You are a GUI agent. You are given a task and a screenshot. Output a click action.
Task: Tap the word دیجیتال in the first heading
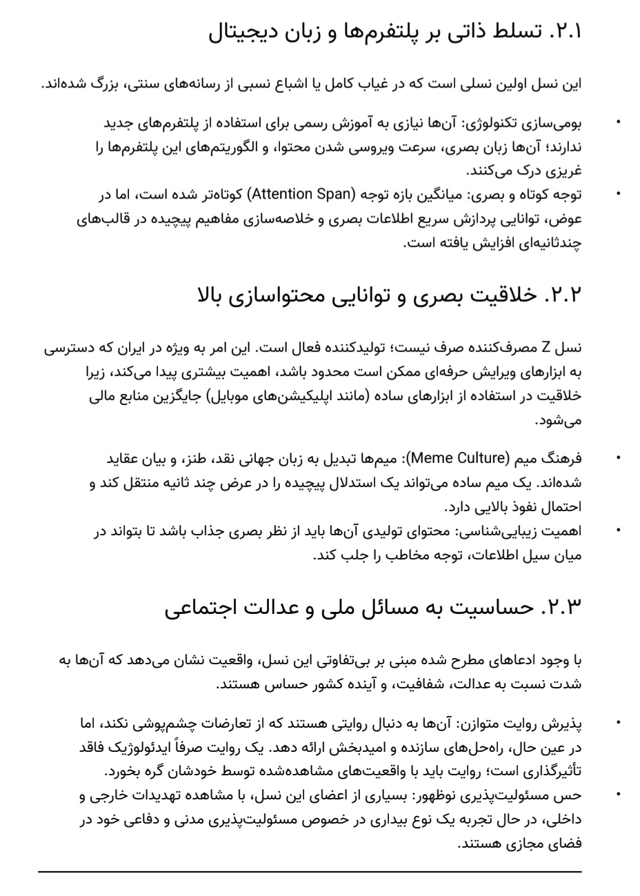pyautogui.click(x=237, y=32)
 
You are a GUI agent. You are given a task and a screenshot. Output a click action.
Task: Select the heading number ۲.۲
pyautogui.click(x=564, y=295)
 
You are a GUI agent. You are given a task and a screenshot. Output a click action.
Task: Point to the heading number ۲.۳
pyautogui.click(x=564, y=608)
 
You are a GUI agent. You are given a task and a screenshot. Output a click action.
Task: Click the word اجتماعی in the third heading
pyautogui.click(x=201, y=608)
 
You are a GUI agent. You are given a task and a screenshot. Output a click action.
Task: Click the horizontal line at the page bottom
pyautogui.click(x=310, y=872)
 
